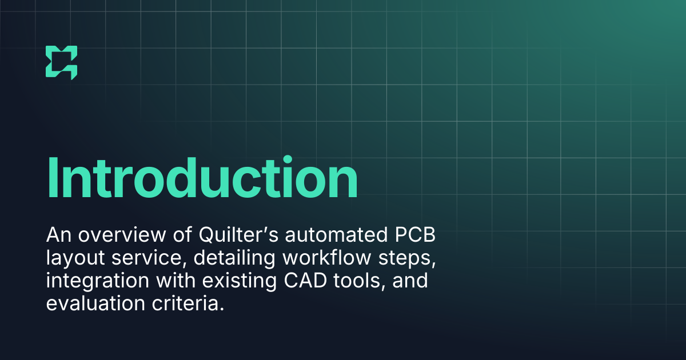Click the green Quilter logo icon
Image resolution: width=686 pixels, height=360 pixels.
point(61,62)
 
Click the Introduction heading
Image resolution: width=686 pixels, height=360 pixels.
point(202,178)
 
